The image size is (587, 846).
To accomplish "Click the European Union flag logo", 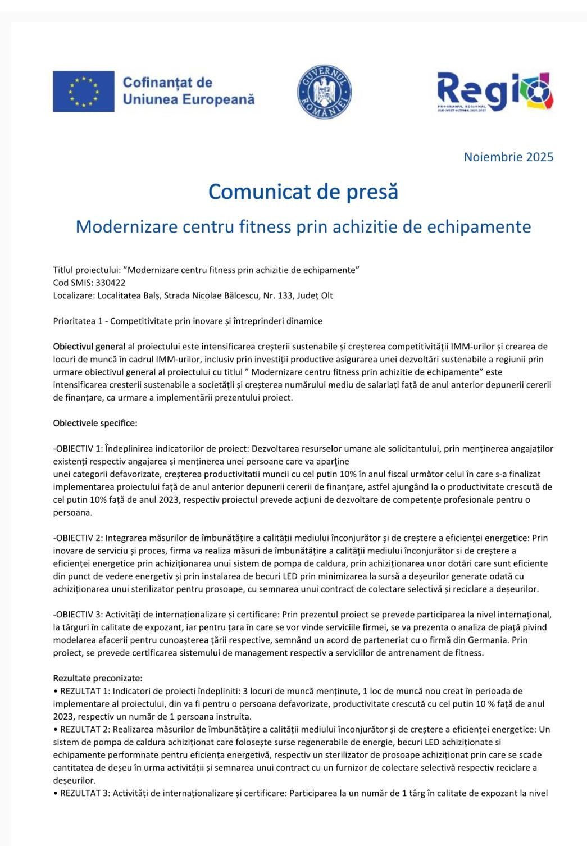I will (83, 92).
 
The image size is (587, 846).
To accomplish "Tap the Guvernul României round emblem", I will (324, 92).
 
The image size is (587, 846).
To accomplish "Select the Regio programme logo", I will (495, 92).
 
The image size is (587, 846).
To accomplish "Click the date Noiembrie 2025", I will (508, 157).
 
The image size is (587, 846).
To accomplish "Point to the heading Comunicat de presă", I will (303, 192).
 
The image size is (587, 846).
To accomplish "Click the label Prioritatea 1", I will (78, 321).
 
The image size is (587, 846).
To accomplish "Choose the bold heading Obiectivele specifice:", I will (95, 423).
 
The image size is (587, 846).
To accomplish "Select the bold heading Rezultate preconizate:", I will (98, 678).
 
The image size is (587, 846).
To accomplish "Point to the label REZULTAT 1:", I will (86, 691).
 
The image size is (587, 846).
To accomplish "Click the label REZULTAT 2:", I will (86, 729).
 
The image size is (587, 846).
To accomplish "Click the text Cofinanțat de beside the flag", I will (167, 83).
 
